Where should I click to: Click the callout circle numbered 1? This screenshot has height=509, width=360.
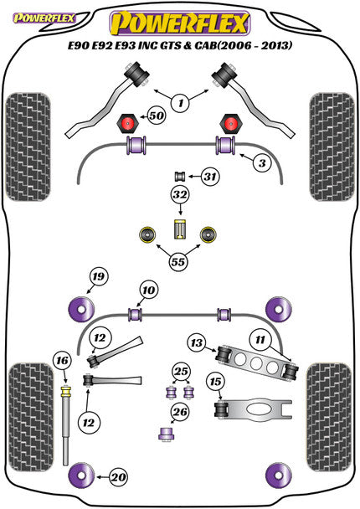pos(177,103)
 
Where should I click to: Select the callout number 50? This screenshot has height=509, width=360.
pos(155,116)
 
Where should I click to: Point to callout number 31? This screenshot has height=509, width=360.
pos(210,176)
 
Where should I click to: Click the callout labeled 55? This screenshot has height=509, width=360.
pos(177,260)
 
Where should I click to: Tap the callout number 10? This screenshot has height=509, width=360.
pos(148,290)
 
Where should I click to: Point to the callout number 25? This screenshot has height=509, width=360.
pos(181,371)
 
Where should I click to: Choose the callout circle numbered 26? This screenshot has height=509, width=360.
pos(180,412)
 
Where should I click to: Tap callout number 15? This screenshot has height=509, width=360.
pos(215,383)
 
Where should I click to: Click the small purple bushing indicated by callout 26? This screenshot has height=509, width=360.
pos(165,433)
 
